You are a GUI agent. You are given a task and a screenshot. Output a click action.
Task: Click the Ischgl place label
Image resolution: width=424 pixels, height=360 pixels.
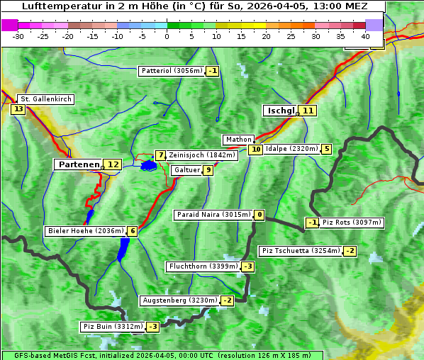[x=280, y=111]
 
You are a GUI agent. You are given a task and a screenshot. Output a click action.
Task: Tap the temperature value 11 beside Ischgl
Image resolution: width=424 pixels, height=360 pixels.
[x=307, y=111]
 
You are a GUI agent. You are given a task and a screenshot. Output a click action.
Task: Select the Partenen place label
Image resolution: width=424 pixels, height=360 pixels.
[x=78, y=164]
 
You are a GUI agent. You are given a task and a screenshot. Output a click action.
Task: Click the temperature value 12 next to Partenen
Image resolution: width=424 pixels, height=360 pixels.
[x=112, y=164]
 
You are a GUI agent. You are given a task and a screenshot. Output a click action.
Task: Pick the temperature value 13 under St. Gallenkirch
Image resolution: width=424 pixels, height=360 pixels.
[x=18, y=109]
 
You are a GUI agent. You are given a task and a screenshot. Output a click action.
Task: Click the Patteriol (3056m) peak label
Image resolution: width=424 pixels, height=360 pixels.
[x=172, y=71]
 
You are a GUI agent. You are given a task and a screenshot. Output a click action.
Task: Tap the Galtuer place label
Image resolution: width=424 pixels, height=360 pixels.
[x=186, y=170]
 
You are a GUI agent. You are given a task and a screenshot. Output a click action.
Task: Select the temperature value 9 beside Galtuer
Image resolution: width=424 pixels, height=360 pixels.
[x=208, y=170]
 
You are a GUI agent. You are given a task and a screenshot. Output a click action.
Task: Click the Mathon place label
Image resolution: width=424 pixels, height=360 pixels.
[x=238, y=140]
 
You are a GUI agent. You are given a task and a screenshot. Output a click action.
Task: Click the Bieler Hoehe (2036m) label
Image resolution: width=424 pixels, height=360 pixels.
[x=85, y=231]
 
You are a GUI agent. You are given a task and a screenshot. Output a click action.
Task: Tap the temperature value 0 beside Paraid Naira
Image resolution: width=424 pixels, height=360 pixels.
[x=260, y=215]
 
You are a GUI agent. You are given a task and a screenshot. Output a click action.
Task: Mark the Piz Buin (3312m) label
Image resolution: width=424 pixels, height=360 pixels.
[x=113, y=327]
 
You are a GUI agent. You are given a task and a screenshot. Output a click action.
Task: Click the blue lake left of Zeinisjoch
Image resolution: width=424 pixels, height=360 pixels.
[x=148, y=165]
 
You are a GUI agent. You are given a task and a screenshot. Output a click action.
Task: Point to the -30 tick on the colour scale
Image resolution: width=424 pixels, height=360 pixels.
[x=18, y=36]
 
